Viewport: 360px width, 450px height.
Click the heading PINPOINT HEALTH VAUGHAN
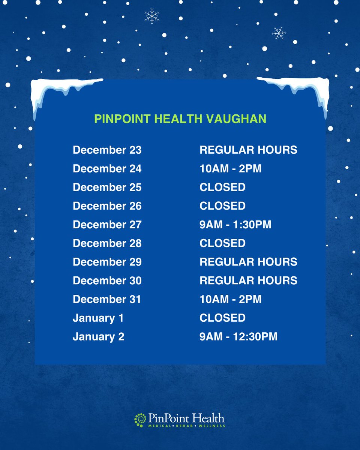[x=180, y=119]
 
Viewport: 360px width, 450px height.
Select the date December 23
[x=107, y=150]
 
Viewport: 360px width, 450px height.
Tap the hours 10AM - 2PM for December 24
[x=230, y=169]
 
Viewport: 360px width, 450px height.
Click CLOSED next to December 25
[x=222, y=187]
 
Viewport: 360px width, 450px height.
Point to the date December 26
[x=107, y=206]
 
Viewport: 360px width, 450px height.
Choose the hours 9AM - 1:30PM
[x=235, y=225]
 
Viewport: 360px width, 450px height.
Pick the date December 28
[x=107, y=243]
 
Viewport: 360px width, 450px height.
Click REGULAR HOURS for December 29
[x=248, y=262]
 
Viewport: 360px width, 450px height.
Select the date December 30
[x=107, y=280]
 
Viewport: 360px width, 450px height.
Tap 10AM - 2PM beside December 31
[x=230, y=299]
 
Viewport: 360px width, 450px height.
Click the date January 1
[x=98, y=318]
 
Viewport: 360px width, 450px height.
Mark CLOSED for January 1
[x=222, y=318]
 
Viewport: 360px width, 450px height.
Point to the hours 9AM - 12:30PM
[x=238, y=337]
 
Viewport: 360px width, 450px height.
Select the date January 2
[x=98, y=337]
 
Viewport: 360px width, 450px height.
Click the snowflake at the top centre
[x=152, y=16]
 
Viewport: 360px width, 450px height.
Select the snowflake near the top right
[x=279, y=33]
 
